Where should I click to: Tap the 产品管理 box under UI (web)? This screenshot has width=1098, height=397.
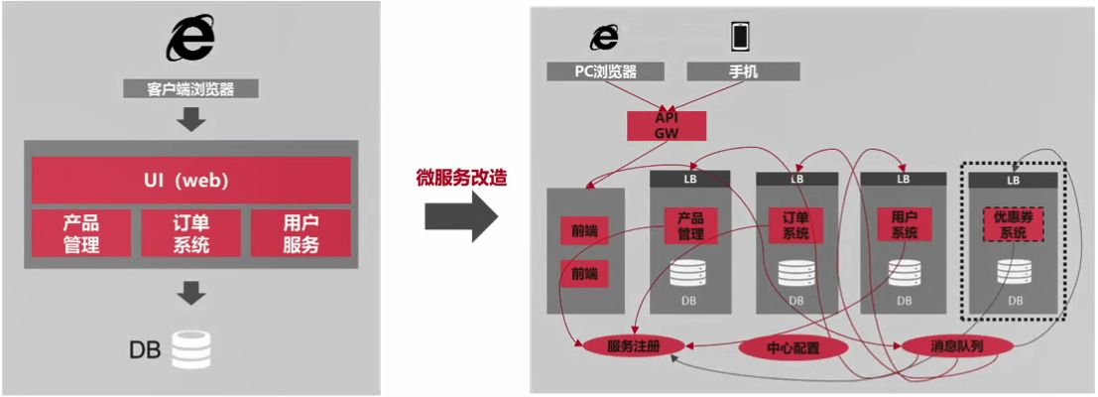point(81,233)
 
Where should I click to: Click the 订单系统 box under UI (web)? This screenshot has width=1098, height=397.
point(190,233)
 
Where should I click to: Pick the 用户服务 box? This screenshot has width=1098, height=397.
point(301,233)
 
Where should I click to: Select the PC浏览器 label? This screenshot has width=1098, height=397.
point(605,71)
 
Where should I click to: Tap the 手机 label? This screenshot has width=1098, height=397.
point(742,71)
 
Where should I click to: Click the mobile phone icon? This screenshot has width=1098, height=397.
point(741,36)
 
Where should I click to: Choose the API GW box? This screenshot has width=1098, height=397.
point(666,125)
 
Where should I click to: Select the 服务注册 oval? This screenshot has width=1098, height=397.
point(633,346)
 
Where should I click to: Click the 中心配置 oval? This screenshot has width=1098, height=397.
point(793,348)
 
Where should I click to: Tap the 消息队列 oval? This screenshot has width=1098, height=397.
point(956,346)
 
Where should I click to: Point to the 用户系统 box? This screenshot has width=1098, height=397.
point(904,225)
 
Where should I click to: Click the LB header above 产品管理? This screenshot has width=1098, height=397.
point(690,179)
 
